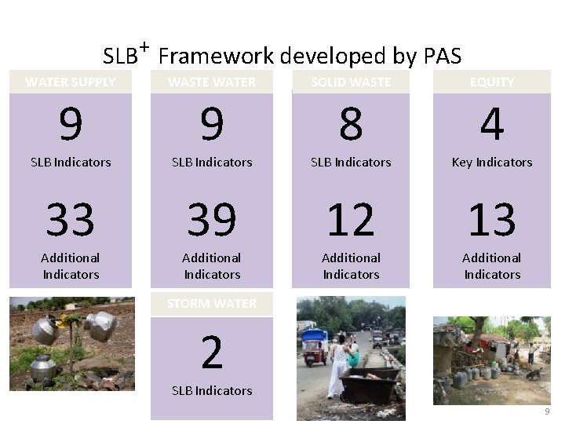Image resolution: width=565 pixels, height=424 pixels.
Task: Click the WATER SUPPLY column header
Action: coord(71,82)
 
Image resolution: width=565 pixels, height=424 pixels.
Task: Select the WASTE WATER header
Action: coord(212,82)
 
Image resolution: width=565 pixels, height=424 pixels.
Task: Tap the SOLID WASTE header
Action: coord(351,82)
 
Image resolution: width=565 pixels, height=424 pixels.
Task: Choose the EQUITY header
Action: coord(492,82)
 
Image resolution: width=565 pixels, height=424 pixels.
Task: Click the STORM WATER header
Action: coord(212,303)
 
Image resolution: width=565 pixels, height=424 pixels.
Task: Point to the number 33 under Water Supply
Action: coord(71,220)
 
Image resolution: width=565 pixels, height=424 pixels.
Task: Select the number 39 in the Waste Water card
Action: coord(212,220)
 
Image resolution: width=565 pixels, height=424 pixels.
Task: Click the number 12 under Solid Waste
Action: coord(351,220)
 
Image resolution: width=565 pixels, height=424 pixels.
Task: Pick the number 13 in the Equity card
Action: coord(492,220)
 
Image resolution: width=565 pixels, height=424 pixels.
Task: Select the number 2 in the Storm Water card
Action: coord(212,353)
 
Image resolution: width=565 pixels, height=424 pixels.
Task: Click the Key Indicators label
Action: coord(492,163)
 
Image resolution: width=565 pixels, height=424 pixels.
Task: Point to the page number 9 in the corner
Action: coord(547,412)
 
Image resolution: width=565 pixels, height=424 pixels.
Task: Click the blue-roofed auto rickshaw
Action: coord(315,345)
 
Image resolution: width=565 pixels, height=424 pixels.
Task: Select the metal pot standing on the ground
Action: coord(44,367)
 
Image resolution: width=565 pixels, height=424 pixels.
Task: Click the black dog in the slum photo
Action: coord(534,374)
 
